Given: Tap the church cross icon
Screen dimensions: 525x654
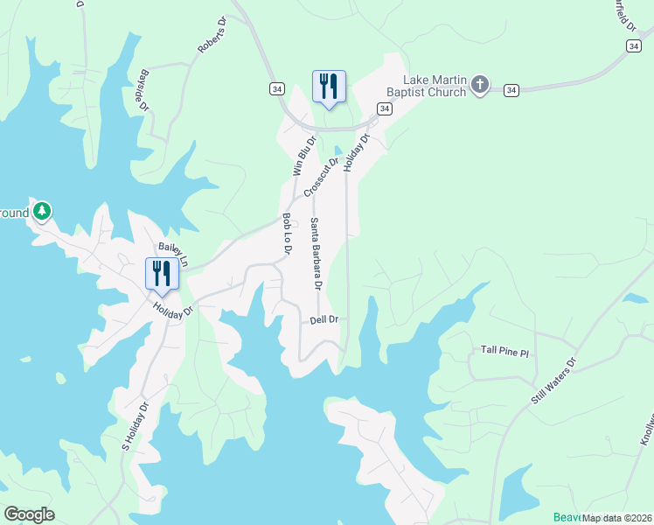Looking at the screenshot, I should coord(479,85).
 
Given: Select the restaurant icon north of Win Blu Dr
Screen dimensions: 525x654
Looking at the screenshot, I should coord(329,87).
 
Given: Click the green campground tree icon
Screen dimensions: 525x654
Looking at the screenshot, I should coord(41,211).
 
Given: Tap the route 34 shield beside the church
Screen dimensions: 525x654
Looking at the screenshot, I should coord(511,89).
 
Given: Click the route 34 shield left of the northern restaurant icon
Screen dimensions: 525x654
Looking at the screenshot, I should coord(276,88).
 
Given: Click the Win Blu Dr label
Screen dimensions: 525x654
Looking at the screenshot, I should coord(303,154).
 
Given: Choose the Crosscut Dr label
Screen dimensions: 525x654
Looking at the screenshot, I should coord(320,176).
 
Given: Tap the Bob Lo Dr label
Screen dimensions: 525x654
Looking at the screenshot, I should coord(286,234).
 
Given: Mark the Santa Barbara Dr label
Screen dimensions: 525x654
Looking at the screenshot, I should coord(317,255).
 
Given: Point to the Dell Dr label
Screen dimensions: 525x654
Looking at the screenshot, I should coord(324,320).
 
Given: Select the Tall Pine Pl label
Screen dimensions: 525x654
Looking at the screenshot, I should coord(505,351).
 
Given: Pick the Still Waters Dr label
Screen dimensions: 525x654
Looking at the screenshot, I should coord(554,381).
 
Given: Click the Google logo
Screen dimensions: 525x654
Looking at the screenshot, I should coord(29,514).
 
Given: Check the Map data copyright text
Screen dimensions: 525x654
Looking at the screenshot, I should coord(617,518).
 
